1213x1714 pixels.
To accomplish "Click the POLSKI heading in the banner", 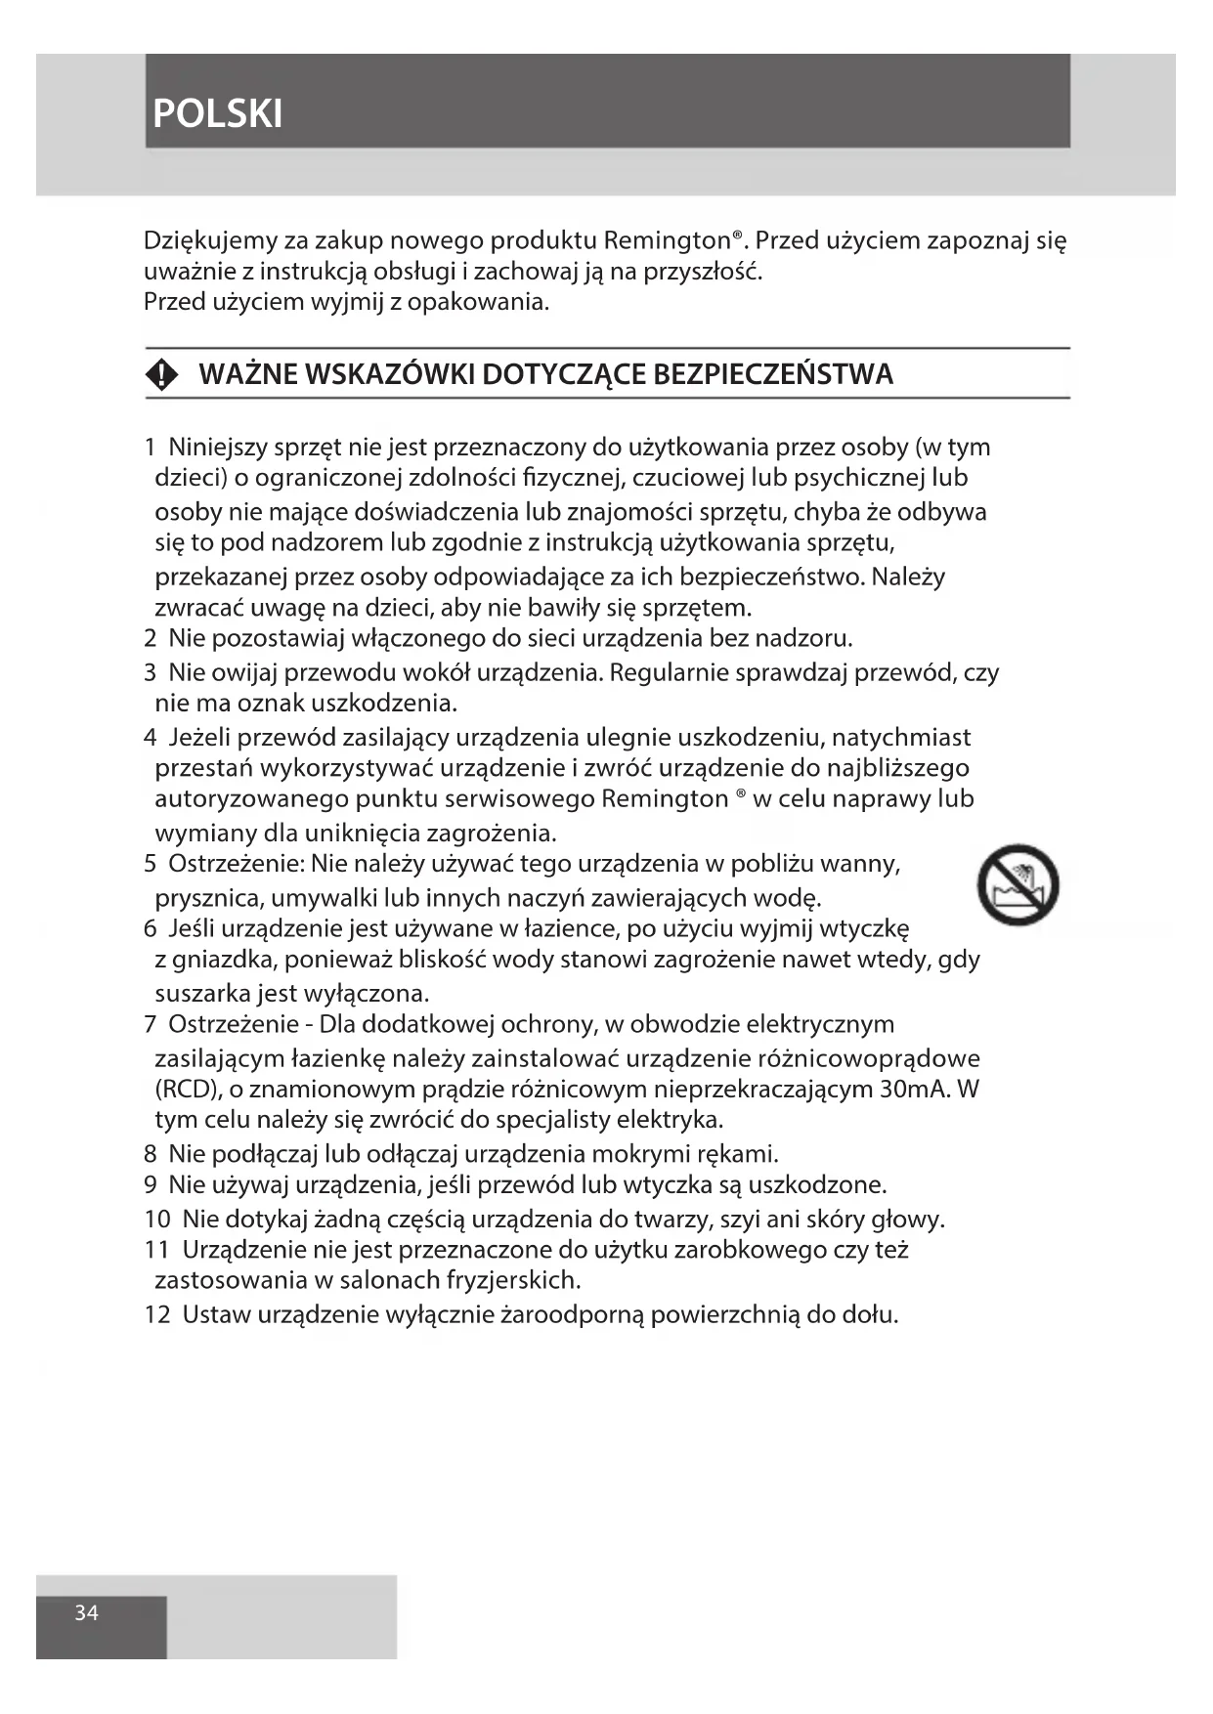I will (x=218, y=114).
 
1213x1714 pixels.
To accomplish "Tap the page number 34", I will (x=87, y=1613).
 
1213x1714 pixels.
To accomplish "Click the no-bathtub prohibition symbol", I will (x=1018, y=885).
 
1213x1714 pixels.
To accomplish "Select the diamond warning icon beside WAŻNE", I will (x=162, y=375).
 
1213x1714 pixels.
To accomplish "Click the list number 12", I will (x=157, y=1314).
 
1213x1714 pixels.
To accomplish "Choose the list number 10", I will (x=157, y=1220).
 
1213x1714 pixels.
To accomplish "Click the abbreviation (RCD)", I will (x=189, y=1090).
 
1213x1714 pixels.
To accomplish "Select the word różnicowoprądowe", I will (x=869, y=1058).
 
